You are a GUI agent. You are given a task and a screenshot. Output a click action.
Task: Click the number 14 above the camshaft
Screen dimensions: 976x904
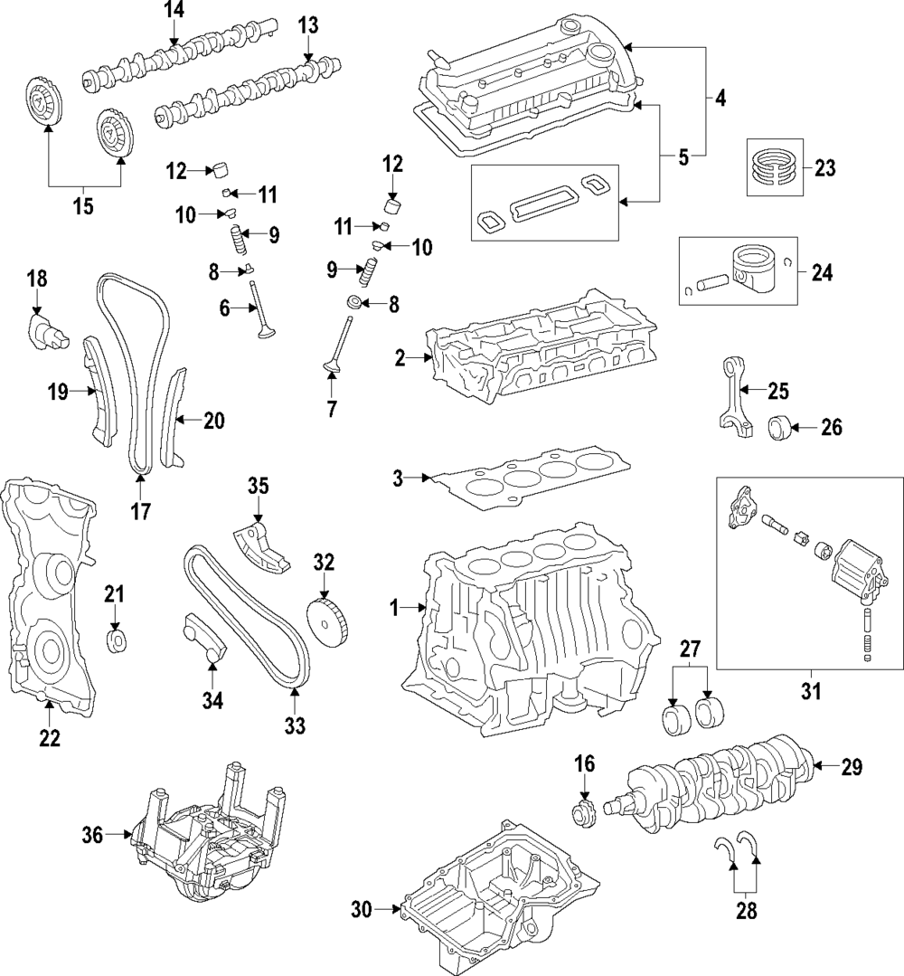pos(173,11)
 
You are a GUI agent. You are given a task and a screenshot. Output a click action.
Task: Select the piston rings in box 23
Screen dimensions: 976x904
pos(775,167)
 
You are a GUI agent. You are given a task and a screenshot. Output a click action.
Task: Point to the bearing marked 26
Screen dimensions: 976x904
pos(781,427)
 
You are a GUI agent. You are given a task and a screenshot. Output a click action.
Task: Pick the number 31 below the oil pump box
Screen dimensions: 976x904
pos(810,692)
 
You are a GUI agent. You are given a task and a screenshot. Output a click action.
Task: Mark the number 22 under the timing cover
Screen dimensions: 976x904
pos(49,738)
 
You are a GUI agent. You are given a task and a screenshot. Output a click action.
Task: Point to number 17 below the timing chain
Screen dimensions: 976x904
pos(140,512)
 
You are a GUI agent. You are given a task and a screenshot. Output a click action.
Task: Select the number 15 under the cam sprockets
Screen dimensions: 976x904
pos(83,207)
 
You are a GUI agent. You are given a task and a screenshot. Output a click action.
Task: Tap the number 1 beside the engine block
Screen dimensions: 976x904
pos(394,610)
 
